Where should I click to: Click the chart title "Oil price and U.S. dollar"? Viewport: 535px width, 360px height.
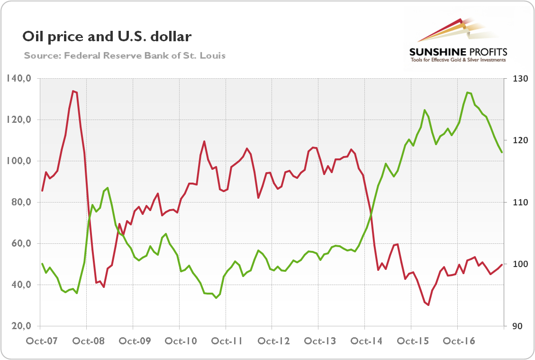(107, 37)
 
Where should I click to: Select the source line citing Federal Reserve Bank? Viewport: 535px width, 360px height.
(125, 55)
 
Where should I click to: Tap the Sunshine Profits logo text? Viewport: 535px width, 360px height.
(458, 52)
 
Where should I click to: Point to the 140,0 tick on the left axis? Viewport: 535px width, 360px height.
(19, 78)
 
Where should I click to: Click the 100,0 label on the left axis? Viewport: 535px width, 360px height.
(19, 161)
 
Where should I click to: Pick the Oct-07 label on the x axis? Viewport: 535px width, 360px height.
(40, 342)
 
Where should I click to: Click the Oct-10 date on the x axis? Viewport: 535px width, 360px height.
(179, 342)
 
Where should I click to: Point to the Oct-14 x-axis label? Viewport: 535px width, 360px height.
(364, 342)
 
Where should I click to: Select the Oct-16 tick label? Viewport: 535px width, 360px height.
(457, 342)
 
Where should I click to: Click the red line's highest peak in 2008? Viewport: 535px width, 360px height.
(73, 91)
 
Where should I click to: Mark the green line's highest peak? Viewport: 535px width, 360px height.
(467, 92)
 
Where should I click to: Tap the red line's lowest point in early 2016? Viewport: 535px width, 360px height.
(428, 305)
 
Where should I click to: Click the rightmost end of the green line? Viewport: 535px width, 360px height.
(502, 152)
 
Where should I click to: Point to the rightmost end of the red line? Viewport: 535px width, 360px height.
(502, 265)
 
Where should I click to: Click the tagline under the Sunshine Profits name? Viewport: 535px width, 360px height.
(458, 60)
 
